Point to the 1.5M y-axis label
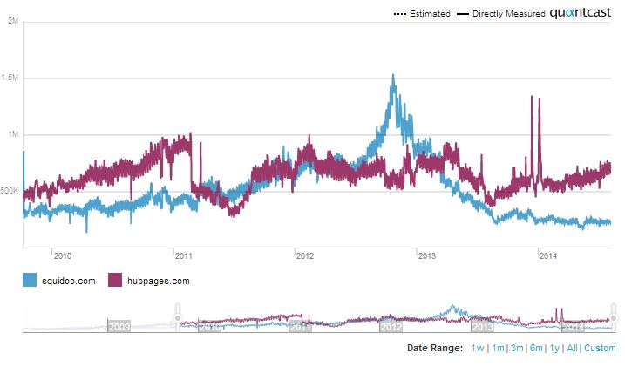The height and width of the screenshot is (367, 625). (x=10, y=78)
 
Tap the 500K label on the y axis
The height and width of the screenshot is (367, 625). (x=9, y=191)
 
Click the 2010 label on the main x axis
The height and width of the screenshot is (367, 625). (x=62, y=255)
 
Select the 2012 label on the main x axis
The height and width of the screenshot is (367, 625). (x=305, y=255)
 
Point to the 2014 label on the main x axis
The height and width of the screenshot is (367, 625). (x=548, y=255)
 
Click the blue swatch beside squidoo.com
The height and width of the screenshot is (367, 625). (x=30, y=281)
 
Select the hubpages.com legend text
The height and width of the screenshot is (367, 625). (x=158, y=281)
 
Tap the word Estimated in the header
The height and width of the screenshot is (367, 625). (x=430, y=14)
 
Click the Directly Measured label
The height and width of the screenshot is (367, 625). (x=509, y=14)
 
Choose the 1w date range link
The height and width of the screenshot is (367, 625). (x=478, y=349)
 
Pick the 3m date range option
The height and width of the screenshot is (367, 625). (x=517, y=349)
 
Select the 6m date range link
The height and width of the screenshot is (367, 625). (x=536, y=349)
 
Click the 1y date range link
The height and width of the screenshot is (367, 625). (x=554, y=349)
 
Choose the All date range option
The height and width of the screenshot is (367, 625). (x=572, y=349)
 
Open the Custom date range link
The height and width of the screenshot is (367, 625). (x=600, y=349)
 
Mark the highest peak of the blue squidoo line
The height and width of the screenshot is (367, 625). (x=393, y=75)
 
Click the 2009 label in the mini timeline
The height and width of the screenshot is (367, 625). (x=119, y=328)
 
